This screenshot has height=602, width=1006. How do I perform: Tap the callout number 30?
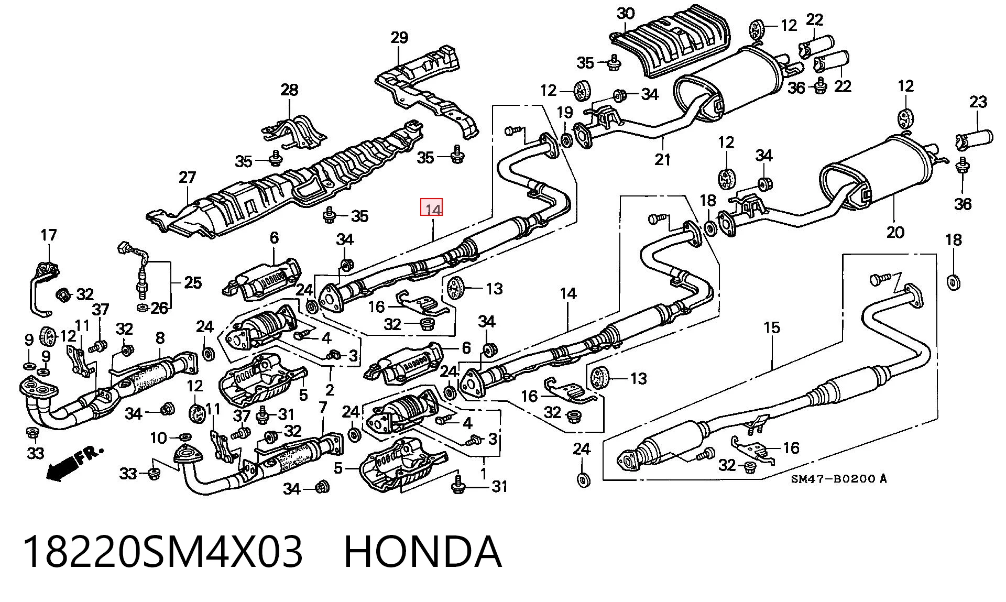(x=625, y=14)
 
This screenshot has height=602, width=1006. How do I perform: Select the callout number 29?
(x=399, y=38)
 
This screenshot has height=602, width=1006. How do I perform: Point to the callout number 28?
(x=289, y=90)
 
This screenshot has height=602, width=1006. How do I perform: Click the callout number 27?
(x=187, y=178)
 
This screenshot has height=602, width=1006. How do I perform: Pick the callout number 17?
(x=48, y=235)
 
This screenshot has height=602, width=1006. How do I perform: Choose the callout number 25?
(x=193, y=283)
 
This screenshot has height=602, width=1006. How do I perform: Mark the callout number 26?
(x=159, y=308)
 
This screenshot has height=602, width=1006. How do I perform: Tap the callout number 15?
(x=772, y=328)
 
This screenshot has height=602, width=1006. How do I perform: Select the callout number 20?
(x=895, y=232)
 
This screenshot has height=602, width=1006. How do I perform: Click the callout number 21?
(x=662, y=159)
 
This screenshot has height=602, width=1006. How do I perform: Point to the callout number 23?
(x=978, y=102)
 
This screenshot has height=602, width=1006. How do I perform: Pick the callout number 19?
(x=565, y=113)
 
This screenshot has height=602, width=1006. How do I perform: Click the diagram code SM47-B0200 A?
(x=838, y=479)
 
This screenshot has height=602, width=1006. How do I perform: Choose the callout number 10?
(x=158, y=437)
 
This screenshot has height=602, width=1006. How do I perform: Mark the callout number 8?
(x=160, y=338)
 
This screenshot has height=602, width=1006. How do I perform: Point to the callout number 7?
(x=323, y=407)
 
